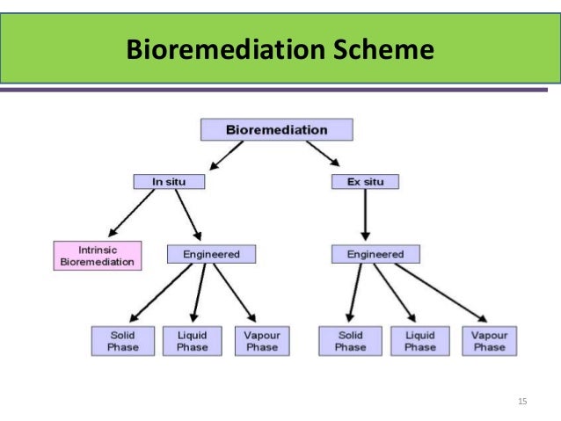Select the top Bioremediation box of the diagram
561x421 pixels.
276,130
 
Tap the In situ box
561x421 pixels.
170,182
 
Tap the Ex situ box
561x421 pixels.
365,182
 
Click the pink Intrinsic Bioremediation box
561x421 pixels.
97,255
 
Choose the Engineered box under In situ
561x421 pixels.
211,254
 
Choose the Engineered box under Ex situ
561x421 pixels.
375,254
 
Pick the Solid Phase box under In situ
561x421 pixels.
122,341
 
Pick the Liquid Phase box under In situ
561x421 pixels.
192,341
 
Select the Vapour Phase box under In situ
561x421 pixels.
261,341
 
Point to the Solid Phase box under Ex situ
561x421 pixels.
350,341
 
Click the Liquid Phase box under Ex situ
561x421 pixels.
419,341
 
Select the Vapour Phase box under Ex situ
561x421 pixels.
490,341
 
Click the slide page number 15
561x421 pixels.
522,402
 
